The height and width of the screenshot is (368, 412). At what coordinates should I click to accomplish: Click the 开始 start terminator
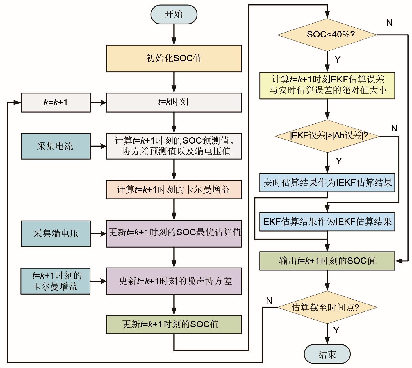coord(174,14)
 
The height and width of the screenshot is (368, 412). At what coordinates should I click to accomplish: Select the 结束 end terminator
coord(327,354)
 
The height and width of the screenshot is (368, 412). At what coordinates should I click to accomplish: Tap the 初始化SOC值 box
coord(174,58)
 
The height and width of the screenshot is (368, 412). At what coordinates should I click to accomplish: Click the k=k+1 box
coord(56,102)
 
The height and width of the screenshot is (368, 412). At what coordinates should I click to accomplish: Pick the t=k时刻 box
coord(174,102)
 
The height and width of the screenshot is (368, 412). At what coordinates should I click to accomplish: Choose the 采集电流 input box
coord(56,146)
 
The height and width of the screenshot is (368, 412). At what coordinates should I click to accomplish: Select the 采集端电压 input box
coord(56,234)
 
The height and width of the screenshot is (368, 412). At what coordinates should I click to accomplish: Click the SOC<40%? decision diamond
coord(327,35)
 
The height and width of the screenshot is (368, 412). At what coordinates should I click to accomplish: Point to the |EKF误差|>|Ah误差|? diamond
coord(327,136)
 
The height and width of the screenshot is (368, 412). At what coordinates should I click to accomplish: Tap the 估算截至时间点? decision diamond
coord(327,307)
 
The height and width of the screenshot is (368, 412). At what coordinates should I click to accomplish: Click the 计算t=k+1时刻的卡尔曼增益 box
coord(174,190)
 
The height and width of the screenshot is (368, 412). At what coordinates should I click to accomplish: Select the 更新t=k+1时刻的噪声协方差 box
coord(174,281)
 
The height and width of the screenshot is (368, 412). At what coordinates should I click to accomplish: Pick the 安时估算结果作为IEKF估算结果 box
coord(327,183)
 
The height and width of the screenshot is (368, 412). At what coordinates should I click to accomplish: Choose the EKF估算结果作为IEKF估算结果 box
coord(327,222)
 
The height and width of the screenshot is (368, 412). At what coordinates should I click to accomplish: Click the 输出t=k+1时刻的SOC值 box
coord(327,261)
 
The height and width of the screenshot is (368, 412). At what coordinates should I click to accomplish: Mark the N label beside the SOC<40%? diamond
coord(389,23)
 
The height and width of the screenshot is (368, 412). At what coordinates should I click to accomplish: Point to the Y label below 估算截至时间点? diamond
coord(336,330)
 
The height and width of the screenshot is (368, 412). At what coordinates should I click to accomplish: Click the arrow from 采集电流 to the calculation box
coord(98,146)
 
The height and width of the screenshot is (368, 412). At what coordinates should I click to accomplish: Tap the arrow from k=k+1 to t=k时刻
coord(98,102)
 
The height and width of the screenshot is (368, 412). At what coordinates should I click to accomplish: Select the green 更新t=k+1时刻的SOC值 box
coord(174,324)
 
